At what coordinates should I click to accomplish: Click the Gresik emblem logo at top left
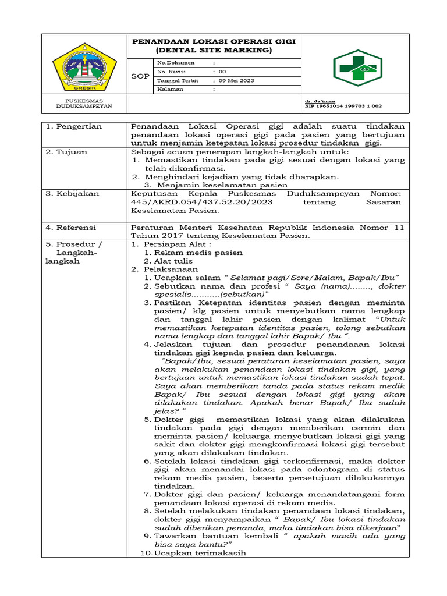coord(84,66)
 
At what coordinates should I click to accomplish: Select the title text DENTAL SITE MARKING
coord(214,50)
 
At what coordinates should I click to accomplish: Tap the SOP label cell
coord(140,76)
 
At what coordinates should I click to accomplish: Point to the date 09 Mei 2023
coord(236,80)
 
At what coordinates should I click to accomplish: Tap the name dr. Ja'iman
coord(320,101)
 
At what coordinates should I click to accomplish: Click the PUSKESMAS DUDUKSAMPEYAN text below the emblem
coord(84,104)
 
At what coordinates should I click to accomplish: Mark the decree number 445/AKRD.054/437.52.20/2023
coord(201,202)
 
